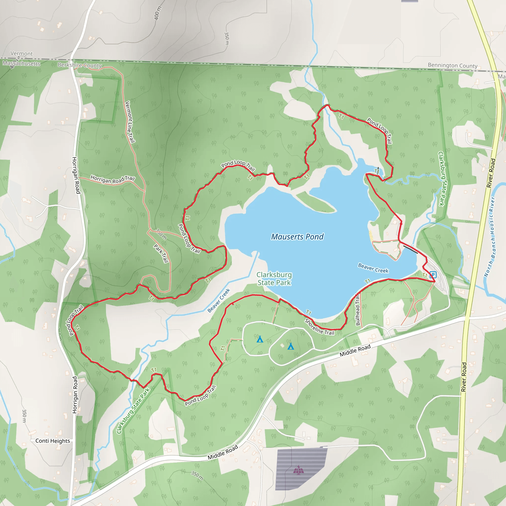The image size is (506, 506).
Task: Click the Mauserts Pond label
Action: (x=297, y=237)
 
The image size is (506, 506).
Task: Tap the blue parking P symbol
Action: (x=433, y=275)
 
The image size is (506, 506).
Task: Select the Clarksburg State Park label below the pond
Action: (x=274, y=279)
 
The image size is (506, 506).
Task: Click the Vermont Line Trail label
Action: (x=130, y=122)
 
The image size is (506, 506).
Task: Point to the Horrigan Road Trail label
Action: (x=112, y=180)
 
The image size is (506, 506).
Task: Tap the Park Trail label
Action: (x=161, y=253)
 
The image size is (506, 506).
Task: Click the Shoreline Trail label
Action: (x=319, y=327)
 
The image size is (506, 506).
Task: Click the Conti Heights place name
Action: (x=53, y=441)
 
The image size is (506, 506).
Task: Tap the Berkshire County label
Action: (x=80, y=65)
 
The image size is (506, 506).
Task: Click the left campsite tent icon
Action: (x=260, y=339)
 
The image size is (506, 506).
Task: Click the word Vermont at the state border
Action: (x=21, y=53)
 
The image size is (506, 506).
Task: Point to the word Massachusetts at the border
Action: (x=21, y=63)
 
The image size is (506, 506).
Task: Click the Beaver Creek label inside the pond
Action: (x=373, y=268)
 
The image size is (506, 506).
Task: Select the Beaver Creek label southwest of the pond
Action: (x=219, y=300)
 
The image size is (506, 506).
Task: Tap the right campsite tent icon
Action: (x=291, y=346)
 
